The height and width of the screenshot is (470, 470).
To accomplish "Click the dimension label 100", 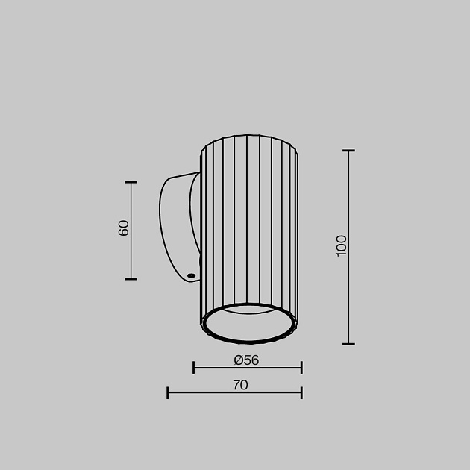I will pyautogui.click(x=342, y=245).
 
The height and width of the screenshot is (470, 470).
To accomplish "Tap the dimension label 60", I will pyautogui.click(x=124, y=228).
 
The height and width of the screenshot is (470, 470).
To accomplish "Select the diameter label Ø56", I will pyautogui.click(x=246, y=360).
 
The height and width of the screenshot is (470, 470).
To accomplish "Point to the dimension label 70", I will pyautogui.click(x=239, y=386).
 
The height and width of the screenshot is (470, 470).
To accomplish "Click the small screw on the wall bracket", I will pyautogui.click(x=192, y=276).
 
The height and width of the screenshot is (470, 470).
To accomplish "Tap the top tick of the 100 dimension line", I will pyautogui.click(x=348, y=151).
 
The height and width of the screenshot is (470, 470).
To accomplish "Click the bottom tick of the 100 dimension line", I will pyautogui.click(x=348, y=344).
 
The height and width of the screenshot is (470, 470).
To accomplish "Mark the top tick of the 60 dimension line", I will pyautogui.click(x=131, y=182).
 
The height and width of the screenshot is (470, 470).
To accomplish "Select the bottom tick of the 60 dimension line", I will pyautogui.click(x=131, y=279).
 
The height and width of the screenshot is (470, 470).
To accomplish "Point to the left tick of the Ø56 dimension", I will pyautogui.click(x=194, y=367).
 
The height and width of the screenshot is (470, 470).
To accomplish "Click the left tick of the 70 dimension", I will pyautogui.click(x=168, y=392).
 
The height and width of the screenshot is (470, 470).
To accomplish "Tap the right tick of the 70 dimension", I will pyautogui.click(x=301, y=392).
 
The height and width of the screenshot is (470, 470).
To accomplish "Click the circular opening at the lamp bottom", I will pyautogui.click(x=248, y=323).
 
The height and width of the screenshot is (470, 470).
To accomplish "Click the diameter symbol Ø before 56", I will pyautogui.click(x=238, y=360).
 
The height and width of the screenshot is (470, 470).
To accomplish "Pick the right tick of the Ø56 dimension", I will pyautogui.click(x=301, y=367).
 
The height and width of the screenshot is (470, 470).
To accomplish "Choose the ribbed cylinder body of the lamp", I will pyautogui.click(x=249, y=224).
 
